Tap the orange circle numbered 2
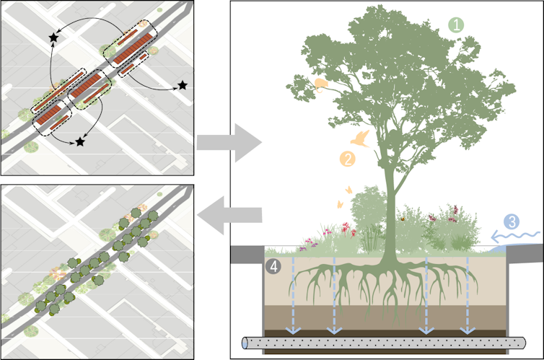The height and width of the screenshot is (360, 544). coord(348,159)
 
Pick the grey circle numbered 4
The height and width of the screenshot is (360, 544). coord(273,266)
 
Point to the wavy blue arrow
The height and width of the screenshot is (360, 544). coord(515,236)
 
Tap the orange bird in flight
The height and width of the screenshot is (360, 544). coord(360,139)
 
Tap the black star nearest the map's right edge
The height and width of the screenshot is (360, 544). coord(183,86)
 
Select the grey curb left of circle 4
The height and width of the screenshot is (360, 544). coord(245,253)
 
